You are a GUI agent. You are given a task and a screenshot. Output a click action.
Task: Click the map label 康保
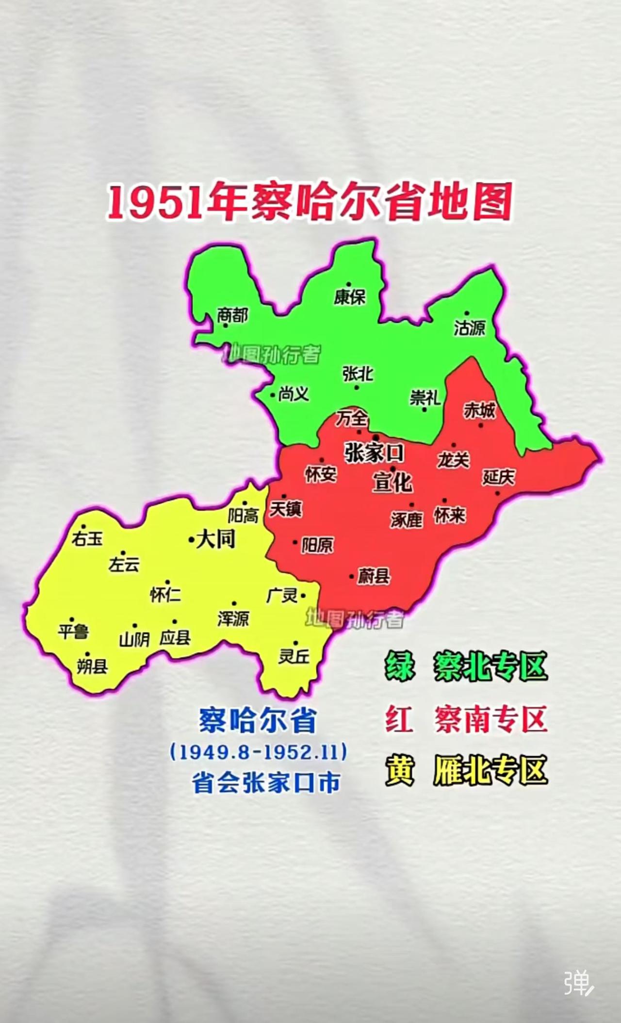pyautogui.click(x=349, y=297)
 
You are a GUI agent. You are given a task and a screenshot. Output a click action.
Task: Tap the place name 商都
pyautogui.click(x=232, y=315)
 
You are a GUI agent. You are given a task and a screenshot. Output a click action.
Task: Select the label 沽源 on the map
pyautogui.click(x=469, y=328)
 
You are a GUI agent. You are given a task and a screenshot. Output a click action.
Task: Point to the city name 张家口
pyautogui.click(x=374, y=453)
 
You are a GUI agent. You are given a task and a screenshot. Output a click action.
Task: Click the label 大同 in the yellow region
pyautogui.click(x=215, y=539)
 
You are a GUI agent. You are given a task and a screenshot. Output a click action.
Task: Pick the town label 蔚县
pyautogui.click(x=374, y=576)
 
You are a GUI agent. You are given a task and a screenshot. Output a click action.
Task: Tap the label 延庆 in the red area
pyautogui.click(x=498, y=477)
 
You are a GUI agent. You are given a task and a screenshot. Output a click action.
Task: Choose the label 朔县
pyautogui.click(x=92, y=666)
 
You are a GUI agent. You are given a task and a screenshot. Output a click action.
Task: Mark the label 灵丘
pyautogui.click(x=294, y=656)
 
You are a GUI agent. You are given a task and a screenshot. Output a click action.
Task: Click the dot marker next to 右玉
pyautogui.click(x=83, y=526)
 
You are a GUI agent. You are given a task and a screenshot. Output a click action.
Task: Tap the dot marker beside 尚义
pyautogui.click(x=273, y=395)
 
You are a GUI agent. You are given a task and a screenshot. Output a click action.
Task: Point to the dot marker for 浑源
pyautogui.click(x=234, y=604)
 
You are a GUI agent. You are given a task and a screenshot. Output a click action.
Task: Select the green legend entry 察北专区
pyautogui.click(x=490, y=666)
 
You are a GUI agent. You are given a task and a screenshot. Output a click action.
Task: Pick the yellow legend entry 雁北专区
pyautogui.click(x=490, y=770)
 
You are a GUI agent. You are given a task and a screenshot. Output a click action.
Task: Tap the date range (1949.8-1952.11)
pyautogui.click(x=259, y=752)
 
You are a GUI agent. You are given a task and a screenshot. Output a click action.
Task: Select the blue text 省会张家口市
pyautogui.click(x=266, y=783)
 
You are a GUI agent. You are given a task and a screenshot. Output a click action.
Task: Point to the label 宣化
pyautogui.click(x=392, y=483)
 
